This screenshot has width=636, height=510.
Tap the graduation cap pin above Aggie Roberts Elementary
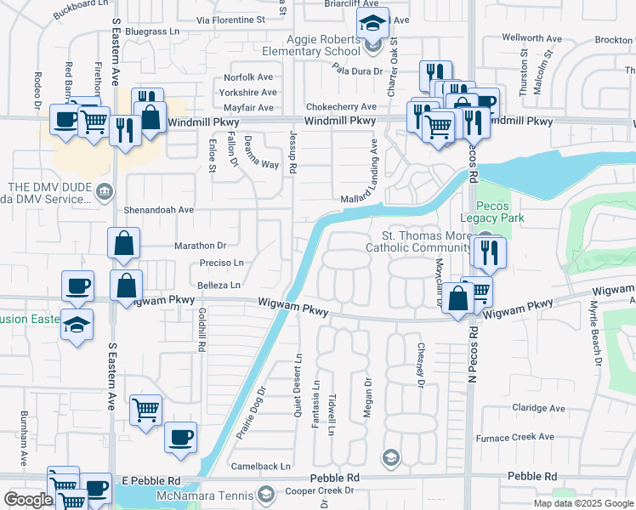click(372, 24)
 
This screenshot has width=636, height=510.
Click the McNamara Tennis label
click(204, 496)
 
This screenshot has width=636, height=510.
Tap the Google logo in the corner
click(28, 500)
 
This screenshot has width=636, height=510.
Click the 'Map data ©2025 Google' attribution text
click(583, 503)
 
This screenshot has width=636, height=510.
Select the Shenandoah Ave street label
click(161, 210)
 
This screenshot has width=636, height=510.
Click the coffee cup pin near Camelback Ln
click(180, 437)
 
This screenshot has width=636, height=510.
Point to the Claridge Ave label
click(539, 408)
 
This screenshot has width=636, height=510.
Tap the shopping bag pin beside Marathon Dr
click(124, 243)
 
